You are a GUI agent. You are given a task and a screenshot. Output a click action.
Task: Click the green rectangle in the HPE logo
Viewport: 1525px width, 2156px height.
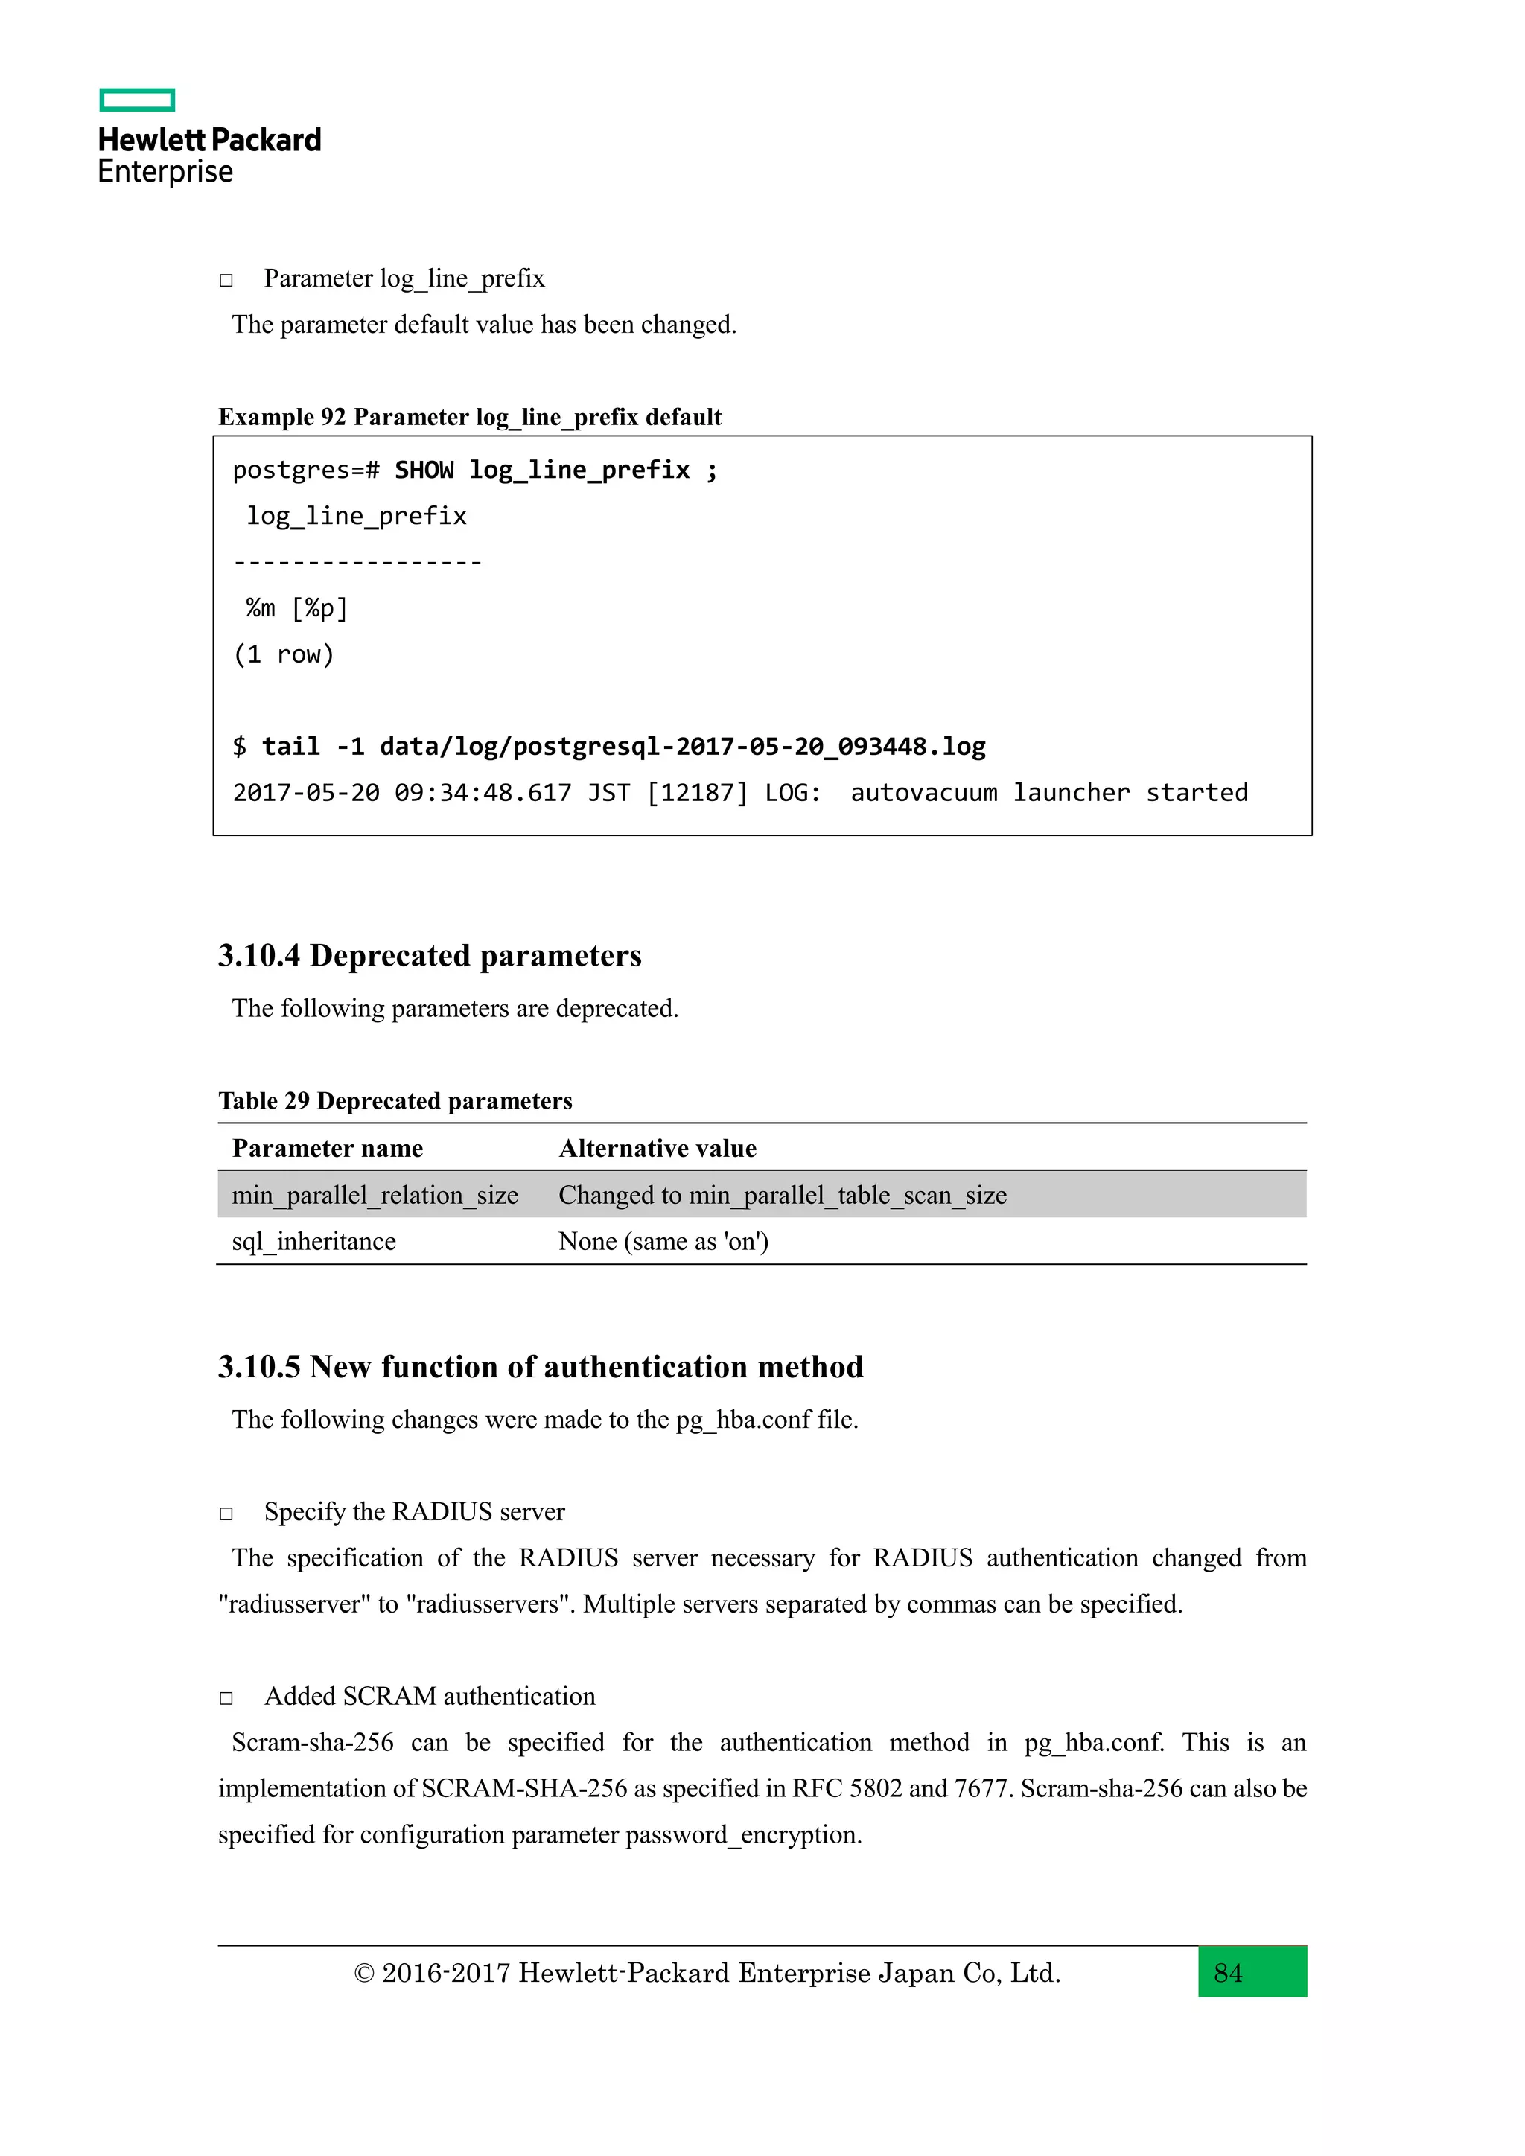tap(137, 100)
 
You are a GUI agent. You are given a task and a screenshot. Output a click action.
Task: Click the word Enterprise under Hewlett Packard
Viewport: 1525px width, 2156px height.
tap(165, 172)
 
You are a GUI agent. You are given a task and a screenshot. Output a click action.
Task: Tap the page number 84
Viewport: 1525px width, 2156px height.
tap(1227, 1973)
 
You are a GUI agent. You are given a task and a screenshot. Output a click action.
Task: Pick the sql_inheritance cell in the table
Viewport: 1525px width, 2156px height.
tap(313, 1241)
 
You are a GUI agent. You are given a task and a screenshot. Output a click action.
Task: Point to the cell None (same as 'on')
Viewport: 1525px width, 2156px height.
tap(663, 1241)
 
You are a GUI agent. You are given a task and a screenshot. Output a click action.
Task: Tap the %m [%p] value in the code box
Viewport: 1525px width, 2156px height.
tap(297, 608)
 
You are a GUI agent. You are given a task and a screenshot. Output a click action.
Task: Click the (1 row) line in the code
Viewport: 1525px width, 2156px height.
tap(284, 654)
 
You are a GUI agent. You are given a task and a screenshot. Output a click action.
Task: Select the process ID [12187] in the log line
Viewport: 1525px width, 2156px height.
tap(697, 793)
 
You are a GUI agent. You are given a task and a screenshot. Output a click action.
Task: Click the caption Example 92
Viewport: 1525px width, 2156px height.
tap(470, 417)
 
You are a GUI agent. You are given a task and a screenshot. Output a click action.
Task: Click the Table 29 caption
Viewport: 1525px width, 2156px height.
tap(395, 1100)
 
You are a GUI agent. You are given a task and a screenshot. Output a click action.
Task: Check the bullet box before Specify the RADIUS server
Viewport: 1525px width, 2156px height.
tap(226, 1513)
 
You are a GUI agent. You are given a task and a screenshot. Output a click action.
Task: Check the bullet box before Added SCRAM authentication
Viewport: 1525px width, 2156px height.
tap(226, 1697)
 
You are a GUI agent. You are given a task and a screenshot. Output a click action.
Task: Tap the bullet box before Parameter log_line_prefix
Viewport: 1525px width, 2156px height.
tap(226, 280)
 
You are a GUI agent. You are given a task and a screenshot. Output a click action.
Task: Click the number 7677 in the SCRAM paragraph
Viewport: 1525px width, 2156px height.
tap(981, 1788)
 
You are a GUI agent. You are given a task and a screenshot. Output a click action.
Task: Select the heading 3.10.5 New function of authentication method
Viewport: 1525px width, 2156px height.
tap(540, 1366)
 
